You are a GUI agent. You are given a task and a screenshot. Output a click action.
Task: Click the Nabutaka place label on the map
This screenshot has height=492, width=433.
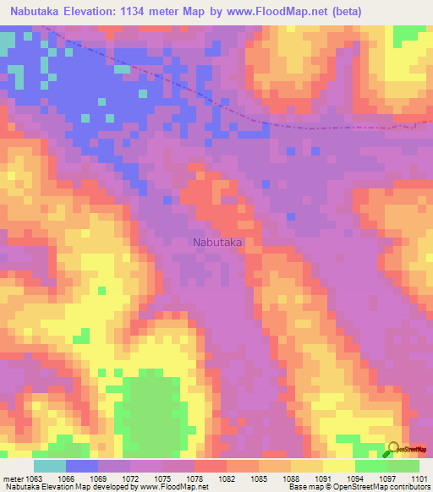[218, 243]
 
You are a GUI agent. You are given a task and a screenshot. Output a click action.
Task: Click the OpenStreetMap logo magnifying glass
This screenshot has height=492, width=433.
[394, 447]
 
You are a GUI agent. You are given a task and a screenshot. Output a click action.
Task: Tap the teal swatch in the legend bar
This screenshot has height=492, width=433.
[49, 466]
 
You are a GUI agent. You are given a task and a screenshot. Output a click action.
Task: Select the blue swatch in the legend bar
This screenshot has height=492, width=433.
[81, 466]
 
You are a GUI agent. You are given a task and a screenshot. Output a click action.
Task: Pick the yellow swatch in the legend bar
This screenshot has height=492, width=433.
[338, 466]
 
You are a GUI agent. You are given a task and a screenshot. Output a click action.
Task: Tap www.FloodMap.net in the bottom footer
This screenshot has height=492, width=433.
[172, 487]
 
